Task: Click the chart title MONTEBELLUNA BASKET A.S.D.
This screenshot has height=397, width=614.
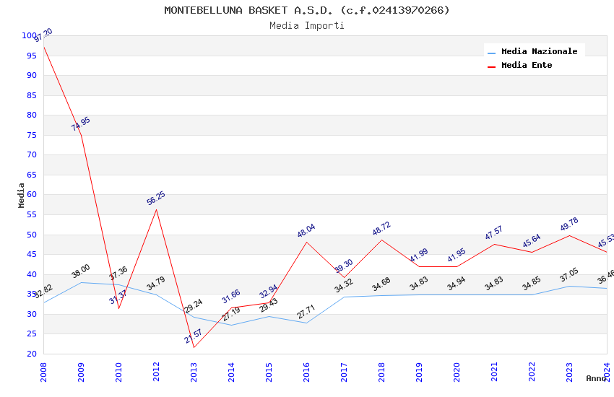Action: (x=306, y=10)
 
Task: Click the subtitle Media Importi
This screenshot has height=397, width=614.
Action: (x=306, y=25)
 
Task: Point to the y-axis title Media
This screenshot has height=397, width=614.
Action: (x=22, y=195)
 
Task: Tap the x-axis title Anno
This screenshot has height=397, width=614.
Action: (x=596, y=378)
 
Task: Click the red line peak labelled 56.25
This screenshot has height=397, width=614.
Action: (x=156, y=209)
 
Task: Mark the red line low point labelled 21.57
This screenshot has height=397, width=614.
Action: (x=194, y=347)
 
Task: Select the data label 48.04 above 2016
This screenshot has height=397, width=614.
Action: (x=306, y=231)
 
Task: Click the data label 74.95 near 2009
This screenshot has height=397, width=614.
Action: (x=81, y=123)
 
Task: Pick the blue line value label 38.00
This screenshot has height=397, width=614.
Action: (x=81, y=271)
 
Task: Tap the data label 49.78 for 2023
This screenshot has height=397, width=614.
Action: (x=569, y=224)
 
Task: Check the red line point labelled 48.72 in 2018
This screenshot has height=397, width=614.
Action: (x=381, y=240)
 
